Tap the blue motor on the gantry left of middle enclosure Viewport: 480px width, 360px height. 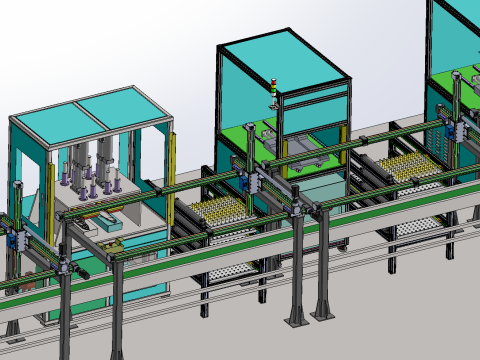[242, 181]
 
